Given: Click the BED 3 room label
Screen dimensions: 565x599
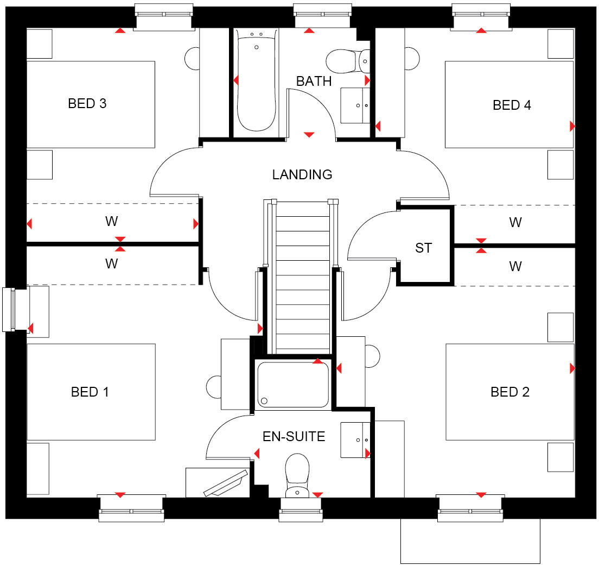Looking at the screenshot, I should click(x=87, y=103).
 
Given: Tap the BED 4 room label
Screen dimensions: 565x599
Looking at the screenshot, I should click(x=512, y=105).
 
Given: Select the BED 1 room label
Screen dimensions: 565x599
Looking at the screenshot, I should click(x=90, y=392).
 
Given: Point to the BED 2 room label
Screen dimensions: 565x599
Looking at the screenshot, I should click(x=510, y=392).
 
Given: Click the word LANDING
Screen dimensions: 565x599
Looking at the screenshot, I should click(x=302, y=174).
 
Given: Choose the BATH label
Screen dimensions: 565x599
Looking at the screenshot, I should click(x=314, y=81).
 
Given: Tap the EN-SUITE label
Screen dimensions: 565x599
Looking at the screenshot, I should click(x=294, y=436).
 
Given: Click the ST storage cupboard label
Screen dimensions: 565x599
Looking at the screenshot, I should click(x=423, y=248).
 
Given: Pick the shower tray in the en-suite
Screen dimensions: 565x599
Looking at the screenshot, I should click(x=293, y=385).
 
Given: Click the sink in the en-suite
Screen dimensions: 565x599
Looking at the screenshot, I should click(x=356, y=440).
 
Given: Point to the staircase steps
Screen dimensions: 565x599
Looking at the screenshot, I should click(x=302, y=277).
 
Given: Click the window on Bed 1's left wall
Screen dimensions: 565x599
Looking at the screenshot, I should click(x=9, y=309).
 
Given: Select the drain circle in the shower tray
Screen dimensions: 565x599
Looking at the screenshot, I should click(x=264, y=401).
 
